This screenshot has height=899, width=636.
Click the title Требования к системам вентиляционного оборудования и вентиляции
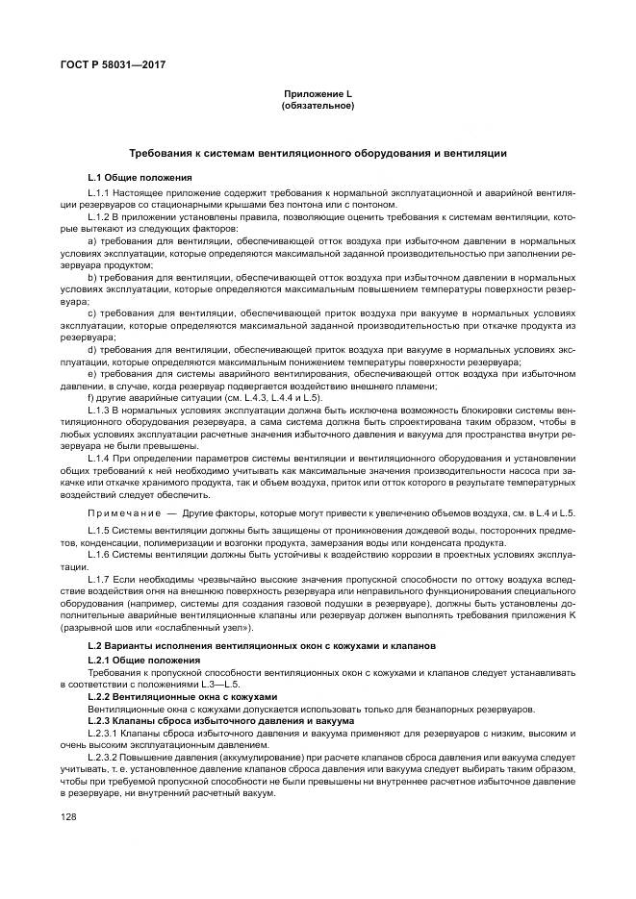pyautogui.click(x=318, y=154)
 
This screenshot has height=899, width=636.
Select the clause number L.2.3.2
pyautogui.click(x=108, y=758)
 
